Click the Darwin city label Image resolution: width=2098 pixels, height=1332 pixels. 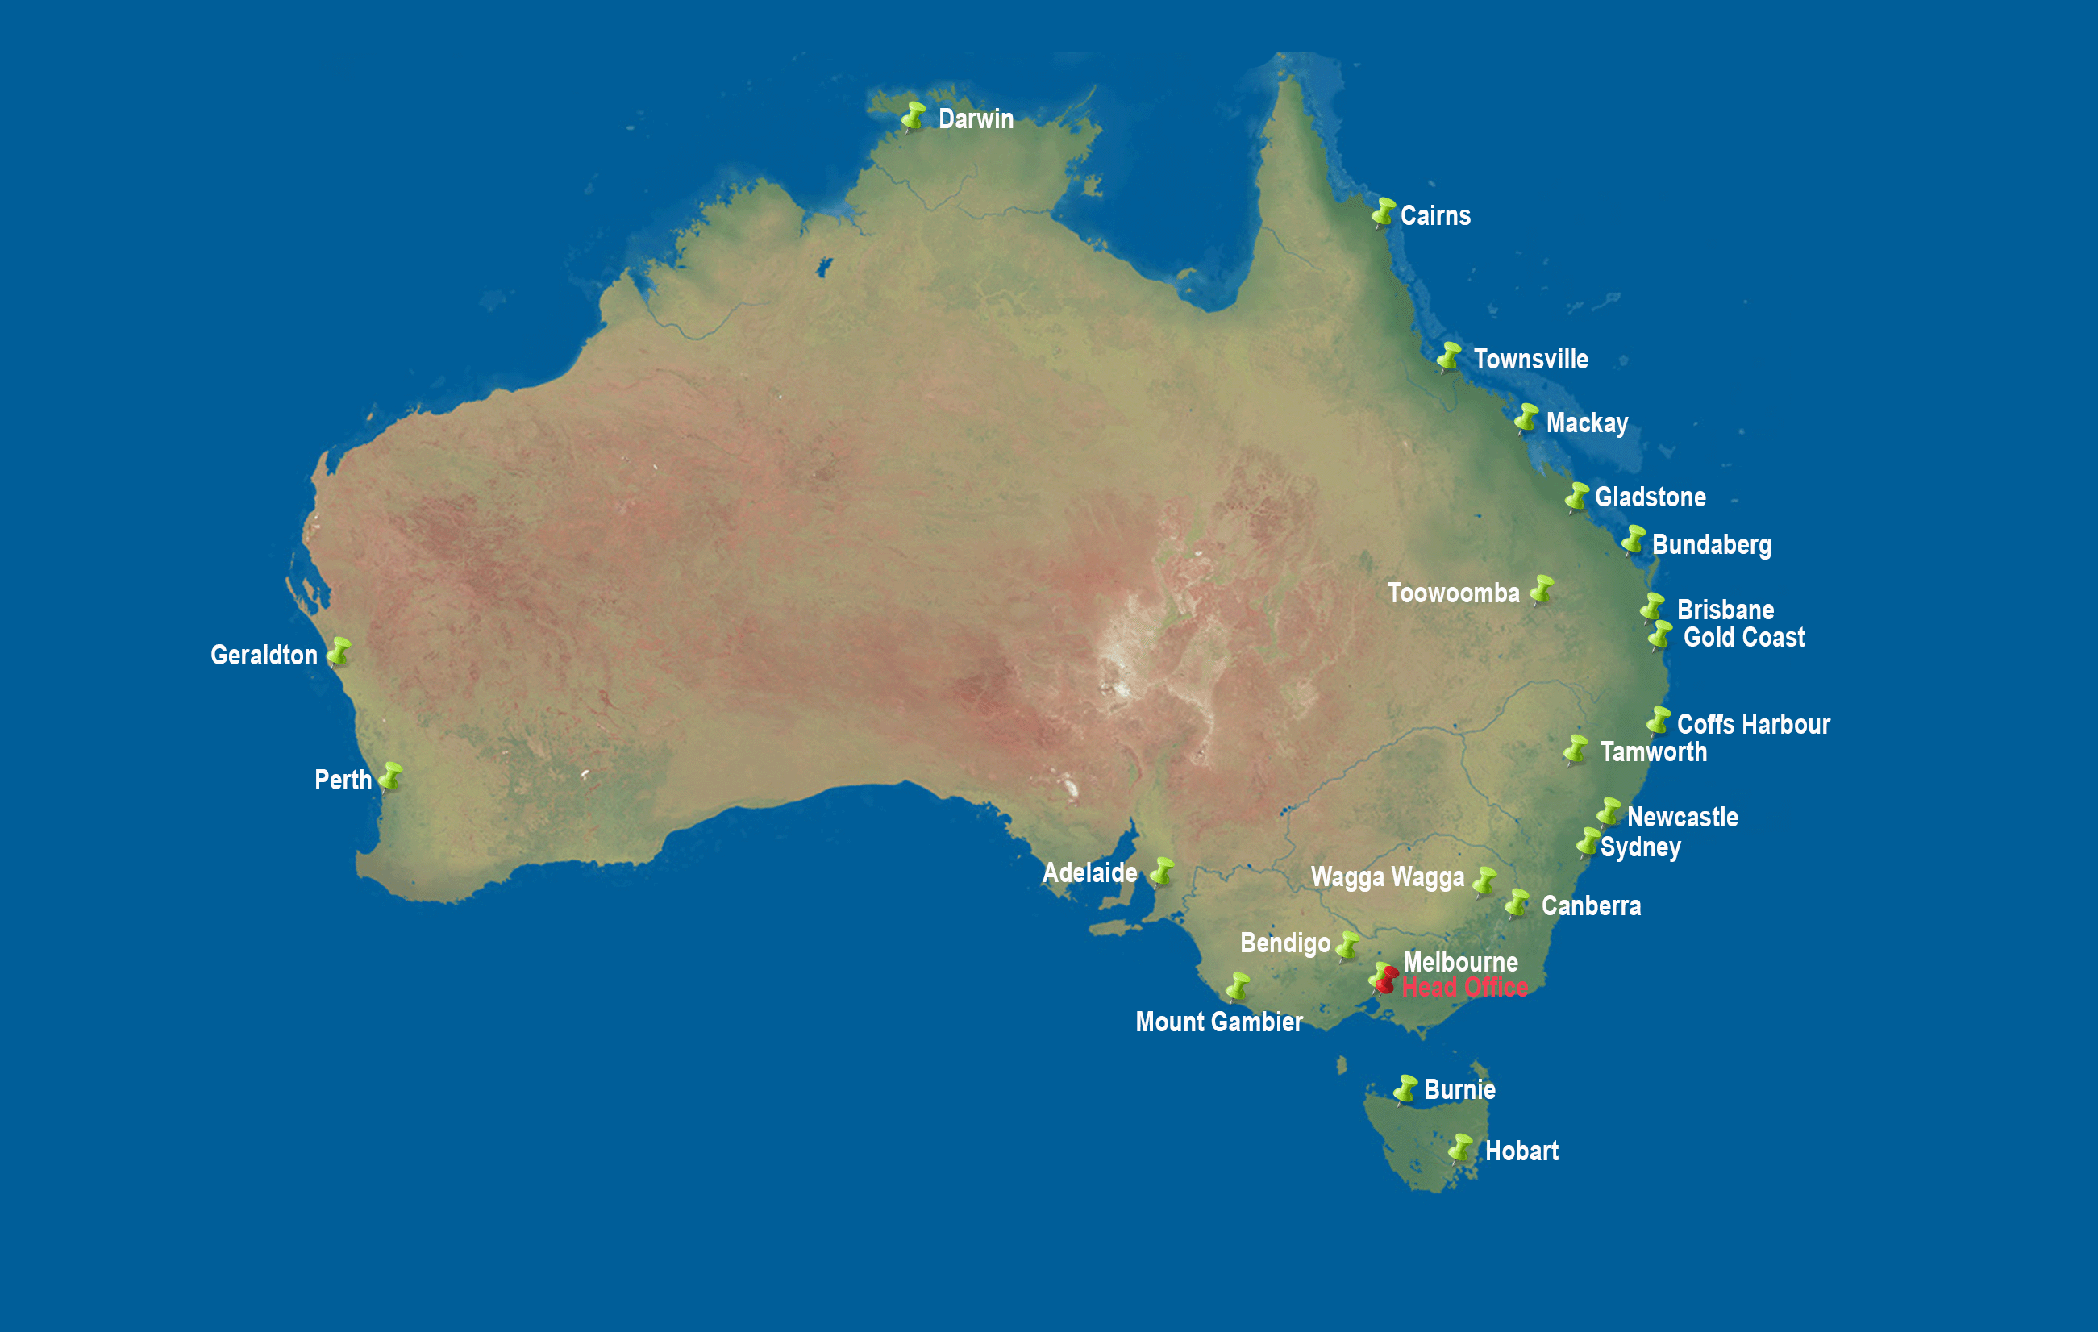click(975, 119)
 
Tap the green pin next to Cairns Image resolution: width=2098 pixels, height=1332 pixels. click(1383, 212)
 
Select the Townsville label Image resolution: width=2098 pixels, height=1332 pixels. click(1530, 359)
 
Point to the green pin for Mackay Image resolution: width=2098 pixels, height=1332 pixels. click(1526, 418)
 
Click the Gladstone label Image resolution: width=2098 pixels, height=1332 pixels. click(1650, 497)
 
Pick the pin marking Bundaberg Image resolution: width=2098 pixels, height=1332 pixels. click(1633, 540)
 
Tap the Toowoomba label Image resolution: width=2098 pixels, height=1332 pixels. click(1452, 593)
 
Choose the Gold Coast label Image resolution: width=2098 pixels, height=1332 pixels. click(1743, 638)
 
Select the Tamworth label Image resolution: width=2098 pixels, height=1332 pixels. click(1653, 751)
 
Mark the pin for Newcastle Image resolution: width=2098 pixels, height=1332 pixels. click(1609, 812)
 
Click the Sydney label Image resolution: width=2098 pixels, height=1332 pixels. click(1640, 847)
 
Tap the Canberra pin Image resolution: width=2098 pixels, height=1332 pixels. click(1517, 902)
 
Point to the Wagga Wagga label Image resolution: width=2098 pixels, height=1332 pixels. click(1387, 876)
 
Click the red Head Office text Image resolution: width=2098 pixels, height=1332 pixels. click(1464, 987)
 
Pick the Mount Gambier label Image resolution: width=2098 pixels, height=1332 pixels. click(1218, 1022)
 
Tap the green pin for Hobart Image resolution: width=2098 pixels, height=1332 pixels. click(1460, 1148)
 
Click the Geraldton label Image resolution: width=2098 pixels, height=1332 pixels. click(264, 655)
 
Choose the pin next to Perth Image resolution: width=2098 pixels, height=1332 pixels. click(390, 776)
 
